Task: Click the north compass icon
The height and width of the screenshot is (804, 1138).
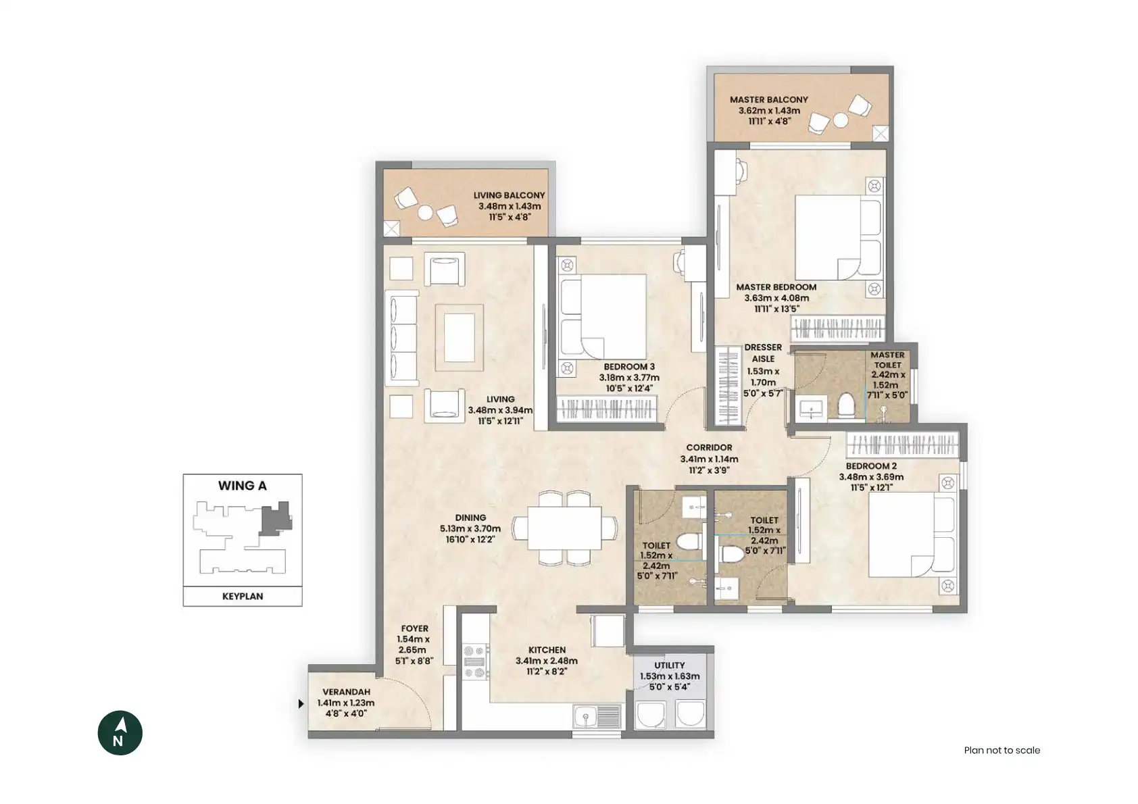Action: click(120, 732)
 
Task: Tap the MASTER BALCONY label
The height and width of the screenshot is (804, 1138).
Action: click(768, 99)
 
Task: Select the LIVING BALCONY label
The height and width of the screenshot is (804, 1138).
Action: click(509, 195)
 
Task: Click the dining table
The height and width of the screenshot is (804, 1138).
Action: click(564, 528)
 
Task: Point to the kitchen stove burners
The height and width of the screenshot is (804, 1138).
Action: click(476, 661)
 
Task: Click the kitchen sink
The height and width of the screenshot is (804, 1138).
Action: click(597, 716)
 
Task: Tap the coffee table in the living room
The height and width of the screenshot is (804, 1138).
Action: click(460, 337)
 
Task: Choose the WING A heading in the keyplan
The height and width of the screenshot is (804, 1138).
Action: click(243, 486)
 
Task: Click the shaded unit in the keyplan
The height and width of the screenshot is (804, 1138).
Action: click(276, 518)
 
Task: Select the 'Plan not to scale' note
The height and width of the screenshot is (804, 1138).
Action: click(1002, 750)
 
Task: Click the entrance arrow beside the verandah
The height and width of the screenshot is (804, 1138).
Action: click(301, 704)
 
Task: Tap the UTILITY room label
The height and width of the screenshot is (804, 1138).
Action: click(670, 665)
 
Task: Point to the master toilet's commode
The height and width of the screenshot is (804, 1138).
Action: click(846, 405)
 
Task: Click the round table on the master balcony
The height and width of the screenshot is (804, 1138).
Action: click(841, 120)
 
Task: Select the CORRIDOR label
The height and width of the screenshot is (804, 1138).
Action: click(709, 447)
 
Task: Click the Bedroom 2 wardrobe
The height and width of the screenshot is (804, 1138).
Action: click(902, 445)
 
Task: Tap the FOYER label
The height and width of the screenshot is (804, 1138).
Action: click(414, 628)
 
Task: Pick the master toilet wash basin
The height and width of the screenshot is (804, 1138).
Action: click(811, 408)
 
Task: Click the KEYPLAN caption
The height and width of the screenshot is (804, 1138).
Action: click(243, 597)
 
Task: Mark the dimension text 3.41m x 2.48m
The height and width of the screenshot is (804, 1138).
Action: click(547, 661)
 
